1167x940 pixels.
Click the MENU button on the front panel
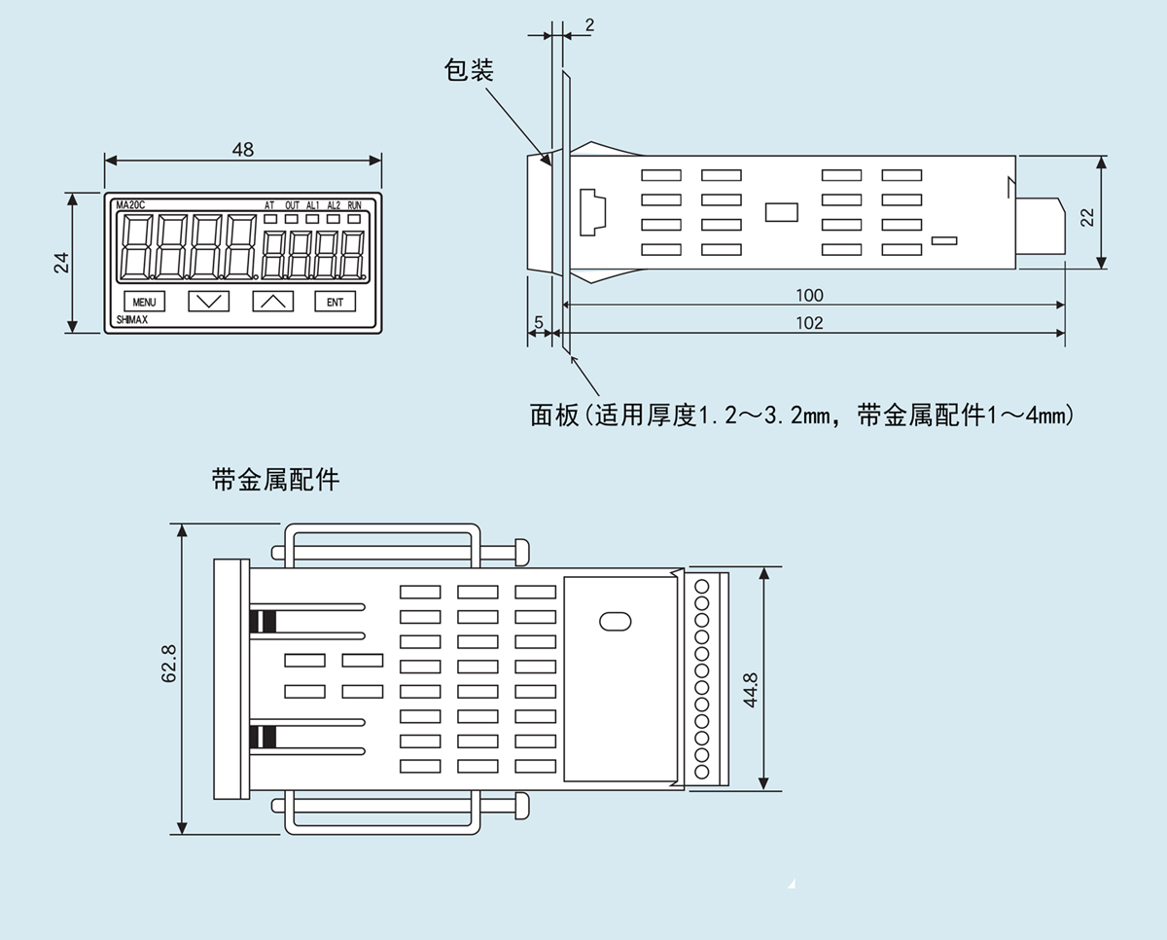pos(145,302)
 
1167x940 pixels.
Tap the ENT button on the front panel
pos(335,302)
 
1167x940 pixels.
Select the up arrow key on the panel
pos(272,302)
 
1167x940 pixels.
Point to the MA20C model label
pos(129,205)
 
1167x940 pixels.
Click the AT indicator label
pos(269,205)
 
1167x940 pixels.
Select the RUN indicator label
pos(354,205)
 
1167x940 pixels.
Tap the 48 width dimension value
pos(243,150)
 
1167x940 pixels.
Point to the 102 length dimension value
pos(809,323)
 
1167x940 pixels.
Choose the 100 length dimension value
pos(809,296)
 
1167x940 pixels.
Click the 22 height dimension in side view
pos(1088,216)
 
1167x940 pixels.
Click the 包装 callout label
pos(470,70)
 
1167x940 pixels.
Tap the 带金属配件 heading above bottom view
pos(275,480)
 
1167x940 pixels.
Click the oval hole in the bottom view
pos(616,620)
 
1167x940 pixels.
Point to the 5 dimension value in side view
pos(538,322)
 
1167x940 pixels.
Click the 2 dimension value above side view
pos(589,25)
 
